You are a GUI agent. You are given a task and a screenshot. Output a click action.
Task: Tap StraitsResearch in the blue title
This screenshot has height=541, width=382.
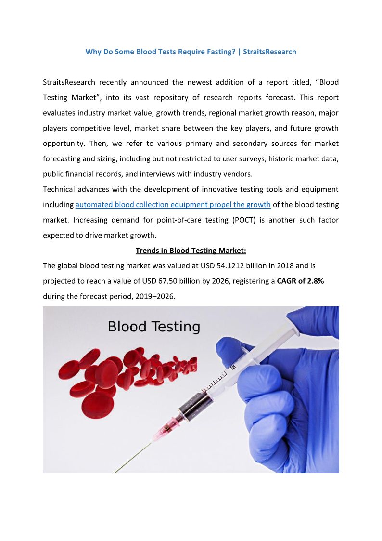[x=269, y=52]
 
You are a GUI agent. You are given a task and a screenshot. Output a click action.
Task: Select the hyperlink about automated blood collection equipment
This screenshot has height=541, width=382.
[x=173, y=205]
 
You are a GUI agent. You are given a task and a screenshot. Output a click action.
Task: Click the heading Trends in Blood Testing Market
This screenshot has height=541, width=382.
[x=191, y=251]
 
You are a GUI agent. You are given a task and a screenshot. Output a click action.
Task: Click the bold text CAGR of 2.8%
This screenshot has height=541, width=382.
[x=300, y=281]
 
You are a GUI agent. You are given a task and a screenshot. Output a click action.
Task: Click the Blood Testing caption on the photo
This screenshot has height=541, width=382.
[x=153, y=327]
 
